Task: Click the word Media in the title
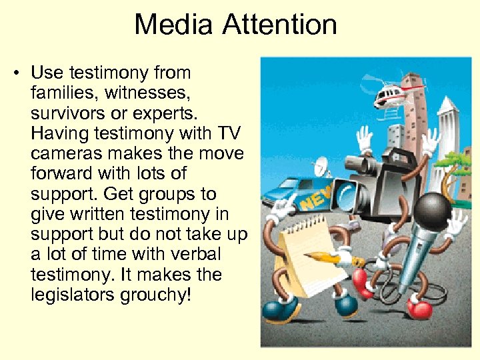(175, 25)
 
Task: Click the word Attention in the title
(280, 25)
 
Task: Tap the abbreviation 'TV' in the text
(231, 133)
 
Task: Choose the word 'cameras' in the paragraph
(70, 153)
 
